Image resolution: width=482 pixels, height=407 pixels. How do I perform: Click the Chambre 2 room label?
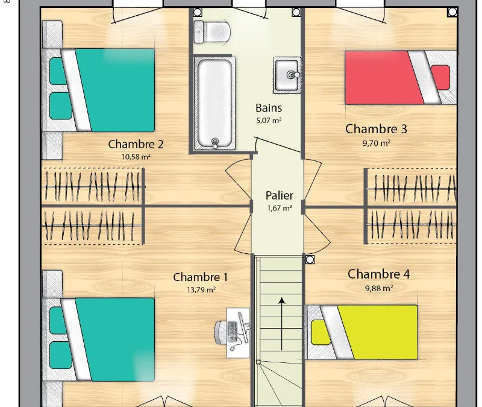coord(136,144)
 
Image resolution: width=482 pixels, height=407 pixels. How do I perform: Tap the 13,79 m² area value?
coord(201,289)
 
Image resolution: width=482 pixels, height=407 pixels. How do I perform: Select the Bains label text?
coord(269,108)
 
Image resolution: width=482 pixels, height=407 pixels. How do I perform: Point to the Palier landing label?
coord(279,195)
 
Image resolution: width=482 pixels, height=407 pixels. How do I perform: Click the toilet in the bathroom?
coord(212,32)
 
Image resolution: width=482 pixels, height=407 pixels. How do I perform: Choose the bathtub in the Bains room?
coord(214,103)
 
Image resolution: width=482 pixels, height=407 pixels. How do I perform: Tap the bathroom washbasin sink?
coord(287,75)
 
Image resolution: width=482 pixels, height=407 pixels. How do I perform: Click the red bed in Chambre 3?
coord(401,78)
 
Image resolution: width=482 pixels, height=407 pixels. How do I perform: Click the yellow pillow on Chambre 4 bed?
coord(321,332)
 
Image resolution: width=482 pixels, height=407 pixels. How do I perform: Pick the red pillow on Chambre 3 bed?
coord(440,78)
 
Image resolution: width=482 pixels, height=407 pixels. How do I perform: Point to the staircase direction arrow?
coord(281,324)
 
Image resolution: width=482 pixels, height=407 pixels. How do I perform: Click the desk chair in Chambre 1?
coord(221,332)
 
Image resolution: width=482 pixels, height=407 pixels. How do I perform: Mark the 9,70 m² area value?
coord(376,143)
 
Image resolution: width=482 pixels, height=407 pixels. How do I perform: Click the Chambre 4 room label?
coord(379,274)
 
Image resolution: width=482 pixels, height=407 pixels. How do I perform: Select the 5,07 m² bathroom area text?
coord(269,120)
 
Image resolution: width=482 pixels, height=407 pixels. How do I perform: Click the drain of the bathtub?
coord(215,142)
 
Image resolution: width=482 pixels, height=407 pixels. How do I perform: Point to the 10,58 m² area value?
coord(136,157)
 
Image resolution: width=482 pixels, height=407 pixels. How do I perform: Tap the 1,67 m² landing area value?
coord(280,208)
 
